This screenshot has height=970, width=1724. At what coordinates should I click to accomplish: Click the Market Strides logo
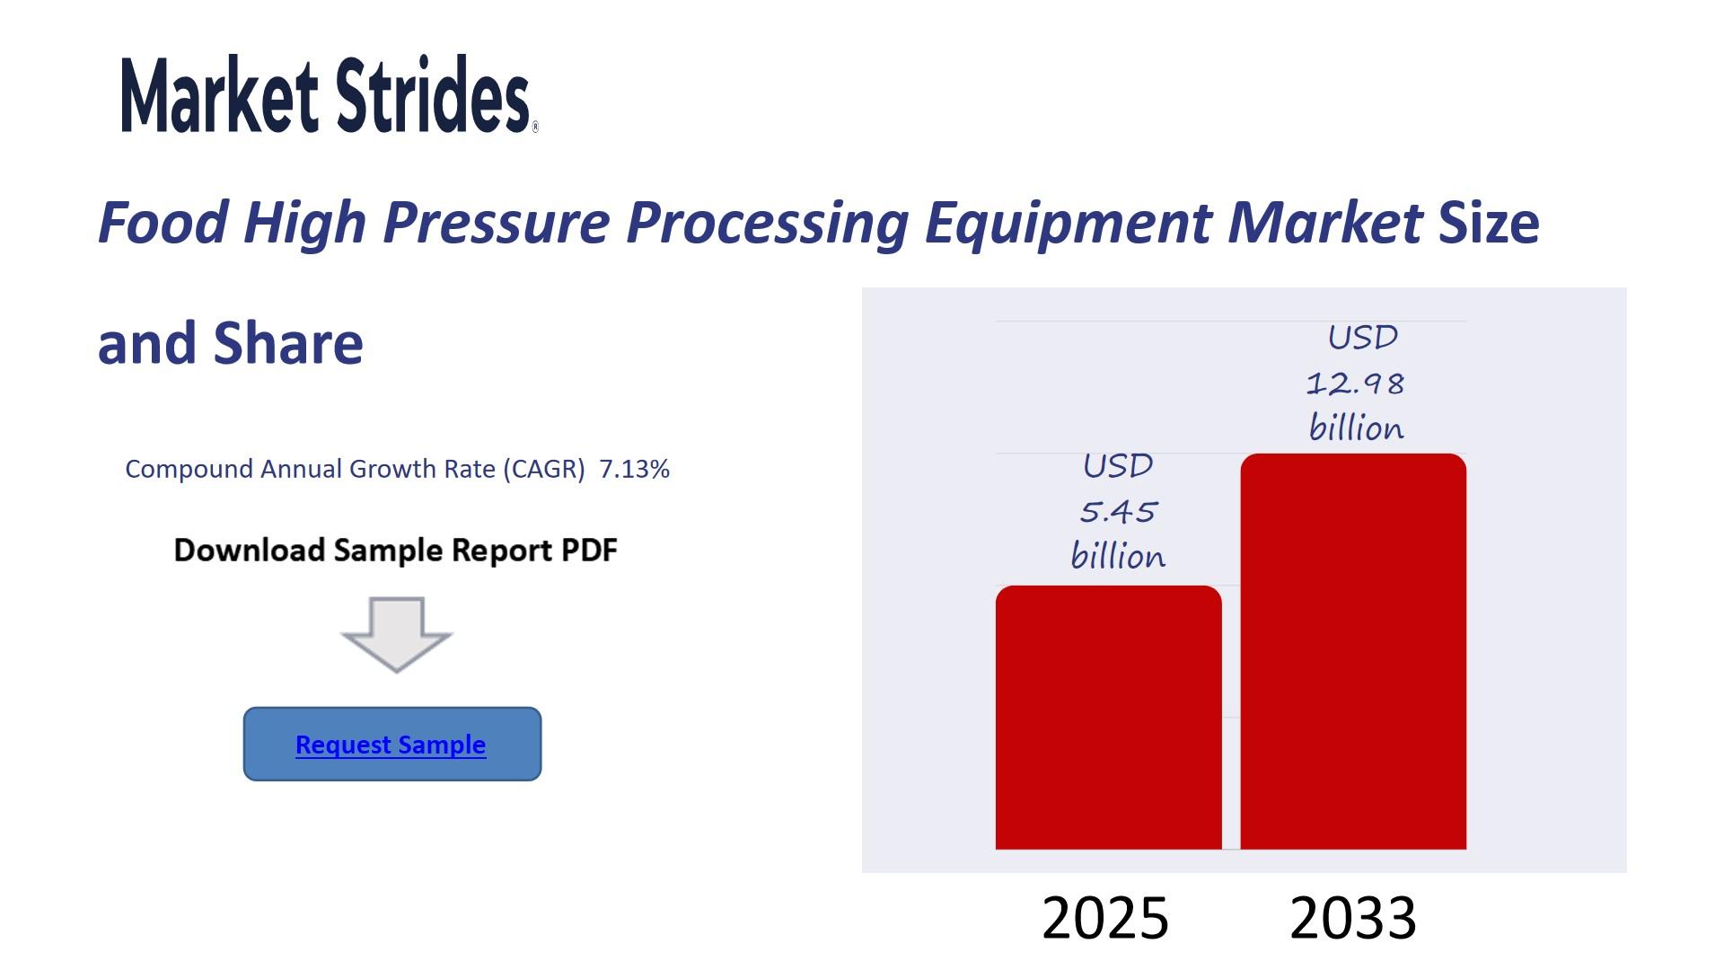point(330,94)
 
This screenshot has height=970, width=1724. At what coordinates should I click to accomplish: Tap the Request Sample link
point(391,745)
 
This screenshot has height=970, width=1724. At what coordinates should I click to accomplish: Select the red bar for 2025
point(1109,718)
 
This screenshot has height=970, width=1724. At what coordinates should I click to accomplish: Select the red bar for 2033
point(1353,651)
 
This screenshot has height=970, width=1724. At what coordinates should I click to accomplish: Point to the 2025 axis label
point(1105,918)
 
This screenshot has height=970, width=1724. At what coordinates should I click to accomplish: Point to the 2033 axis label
point(1353,918)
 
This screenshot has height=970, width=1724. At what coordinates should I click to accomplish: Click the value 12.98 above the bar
point(1355,384)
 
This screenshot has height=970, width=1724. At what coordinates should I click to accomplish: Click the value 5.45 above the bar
point(1118,512)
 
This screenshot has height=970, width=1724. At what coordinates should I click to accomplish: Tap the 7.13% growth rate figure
point(635,469)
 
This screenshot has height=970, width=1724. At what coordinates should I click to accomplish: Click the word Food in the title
point(163,222)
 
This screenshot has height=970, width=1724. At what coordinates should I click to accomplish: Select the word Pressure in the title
point(497,222)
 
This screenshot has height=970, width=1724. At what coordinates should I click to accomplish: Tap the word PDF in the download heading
point(589,550)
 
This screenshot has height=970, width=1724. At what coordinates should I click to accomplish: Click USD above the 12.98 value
point(1362,338)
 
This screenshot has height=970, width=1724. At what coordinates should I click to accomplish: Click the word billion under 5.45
point(1118,557)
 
